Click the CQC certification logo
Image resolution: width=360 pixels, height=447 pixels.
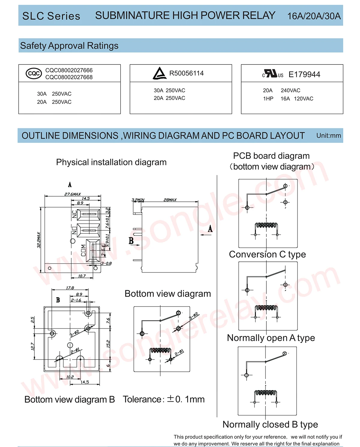pos(34,73)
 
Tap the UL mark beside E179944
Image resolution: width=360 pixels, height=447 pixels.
pos(272,74)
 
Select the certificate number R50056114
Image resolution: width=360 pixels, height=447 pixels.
pos(186,73)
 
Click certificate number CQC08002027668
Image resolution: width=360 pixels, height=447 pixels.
pos(69,77)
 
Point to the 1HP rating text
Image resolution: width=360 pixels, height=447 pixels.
pos(268,99)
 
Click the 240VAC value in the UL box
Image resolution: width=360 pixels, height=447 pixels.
pos(290,90)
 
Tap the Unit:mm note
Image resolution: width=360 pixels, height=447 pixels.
pos(328,136)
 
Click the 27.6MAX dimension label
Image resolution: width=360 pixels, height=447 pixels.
pos(72,194)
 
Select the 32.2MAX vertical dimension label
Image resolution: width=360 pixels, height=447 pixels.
pos(39,240)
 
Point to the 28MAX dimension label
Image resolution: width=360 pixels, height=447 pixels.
pos(170,200)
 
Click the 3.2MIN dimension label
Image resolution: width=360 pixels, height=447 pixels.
pos(138,200)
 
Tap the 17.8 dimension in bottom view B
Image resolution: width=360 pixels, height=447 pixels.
pos(70,288)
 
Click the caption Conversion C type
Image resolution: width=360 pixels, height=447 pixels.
pos(267,254)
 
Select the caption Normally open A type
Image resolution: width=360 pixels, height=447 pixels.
pos(271,338)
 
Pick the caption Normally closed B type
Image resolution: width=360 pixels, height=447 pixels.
pos(270,424)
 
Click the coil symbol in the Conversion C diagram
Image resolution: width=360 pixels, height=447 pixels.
pos(266,225)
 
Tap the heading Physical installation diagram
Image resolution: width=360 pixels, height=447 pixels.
pos(111,162)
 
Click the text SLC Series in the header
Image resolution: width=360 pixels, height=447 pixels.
pos(51,16)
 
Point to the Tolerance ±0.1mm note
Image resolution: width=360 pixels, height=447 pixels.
pos(163,399)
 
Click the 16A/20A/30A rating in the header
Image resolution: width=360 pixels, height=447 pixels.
pos(314,16)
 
